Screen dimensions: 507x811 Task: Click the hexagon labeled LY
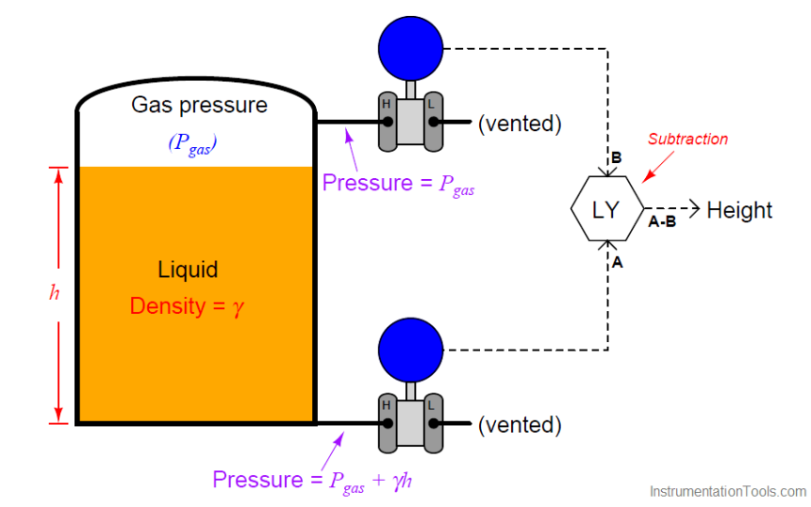tap(606, 209)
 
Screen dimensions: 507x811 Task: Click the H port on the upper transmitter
tap(387, 122)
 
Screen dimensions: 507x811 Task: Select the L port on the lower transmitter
tap(434, 424)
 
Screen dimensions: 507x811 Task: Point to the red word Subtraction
tap(687, 139)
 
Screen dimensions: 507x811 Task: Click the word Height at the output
tap(739, 210)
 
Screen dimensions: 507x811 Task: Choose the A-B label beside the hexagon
tap(662, 222)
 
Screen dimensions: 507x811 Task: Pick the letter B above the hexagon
tap(616, 158)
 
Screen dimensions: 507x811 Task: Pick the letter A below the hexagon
tap(618, 263)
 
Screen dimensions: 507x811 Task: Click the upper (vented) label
tap(520, 123)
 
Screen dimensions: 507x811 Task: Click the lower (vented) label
tap(520, 425)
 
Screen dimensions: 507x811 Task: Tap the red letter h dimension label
tap(54, 292)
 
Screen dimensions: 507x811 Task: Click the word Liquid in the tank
tap(188, 270)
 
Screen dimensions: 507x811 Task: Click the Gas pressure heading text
tap(199, 105)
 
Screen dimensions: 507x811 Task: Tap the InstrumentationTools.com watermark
tap(728, 491)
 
